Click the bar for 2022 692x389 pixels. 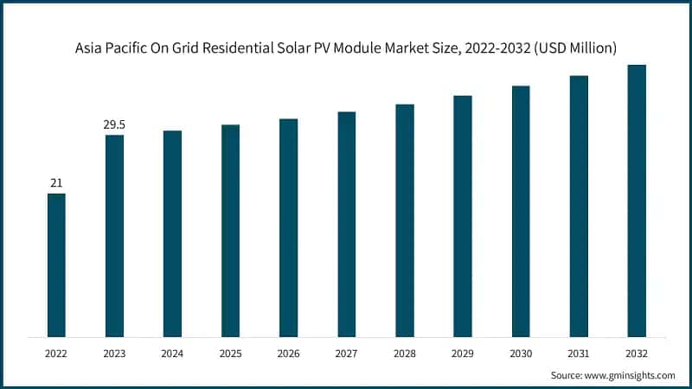(x=56, y=265)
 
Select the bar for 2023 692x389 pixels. (x=114, y=236)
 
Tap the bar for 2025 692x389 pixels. (x=230, y=231)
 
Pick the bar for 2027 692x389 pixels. (x=346, y=224)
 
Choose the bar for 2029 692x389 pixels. (x=463, y=216)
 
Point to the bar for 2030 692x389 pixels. (x=521, y=211)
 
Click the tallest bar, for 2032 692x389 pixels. (x=637, y=201)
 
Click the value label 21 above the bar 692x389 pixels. (x=56, y=183)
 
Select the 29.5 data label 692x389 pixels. (x=114, y=125)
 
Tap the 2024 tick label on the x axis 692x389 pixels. (x=172, y=353)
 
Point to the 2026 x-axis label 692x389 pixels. (x=288, y=353)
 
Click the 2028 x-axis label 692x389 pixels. (x=405, y=353)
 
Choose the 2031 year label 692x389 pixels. (x=579, y=353)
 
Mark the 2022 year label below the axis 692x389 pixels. (x=56, y=353)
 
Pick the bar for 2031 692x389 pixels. (x=579, y=206)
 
